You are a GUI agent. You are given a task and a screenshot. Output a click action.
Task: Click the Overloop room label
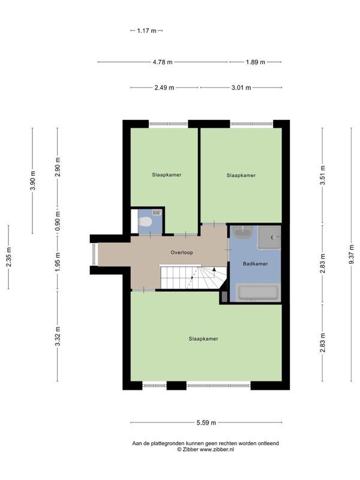[182, 253]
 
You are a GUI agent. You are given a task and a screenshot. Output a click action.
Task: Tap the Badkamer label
[256, 263]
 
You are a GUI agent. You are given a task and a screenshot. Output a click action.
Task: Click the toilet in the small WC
[145, 222]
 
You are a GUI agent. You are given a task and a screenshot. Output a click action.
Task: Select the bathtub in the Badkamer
[258, 292]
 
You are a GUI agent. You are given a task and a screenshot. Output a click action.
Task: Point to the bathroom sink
[243, 232]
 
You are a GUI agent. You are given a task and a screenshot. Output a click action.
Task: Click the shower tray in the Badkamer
[269, 238]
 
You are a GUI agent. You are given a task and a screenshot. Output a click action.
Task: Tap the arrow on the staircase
[214, 269]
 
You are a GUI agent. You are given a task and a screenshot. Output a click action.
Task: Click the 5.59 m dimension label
[206, 423]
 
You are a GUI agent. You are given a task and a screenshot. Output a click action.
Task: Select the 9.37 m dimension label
[352, 254]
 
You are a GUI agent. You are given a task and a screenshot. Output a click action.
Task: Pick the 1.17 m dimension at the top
[146, 31]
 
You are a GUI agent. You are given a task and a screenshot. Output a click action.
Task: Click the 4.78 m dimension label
[163, 62]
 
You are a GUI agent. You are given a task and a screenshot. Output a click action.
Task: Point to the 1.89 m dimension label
[256, 62]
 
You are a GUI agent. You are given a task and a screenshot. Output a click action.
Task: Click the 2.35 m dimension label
[8, 257]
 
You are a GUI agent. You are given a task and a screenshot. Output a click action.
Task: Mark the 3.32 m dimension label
[58, 336]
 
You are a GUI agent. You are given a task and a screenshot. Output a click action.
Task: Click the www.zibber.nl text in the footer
[217, 449]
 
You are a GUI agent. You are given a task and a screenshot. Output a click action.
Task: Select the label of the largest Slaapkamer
[203, 339]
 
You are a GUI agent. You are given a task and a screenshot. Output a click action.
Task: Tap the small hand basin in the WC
[157, 212]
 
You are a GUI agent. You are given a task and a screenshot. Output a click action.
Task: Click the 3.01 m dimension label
[241, 88]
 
